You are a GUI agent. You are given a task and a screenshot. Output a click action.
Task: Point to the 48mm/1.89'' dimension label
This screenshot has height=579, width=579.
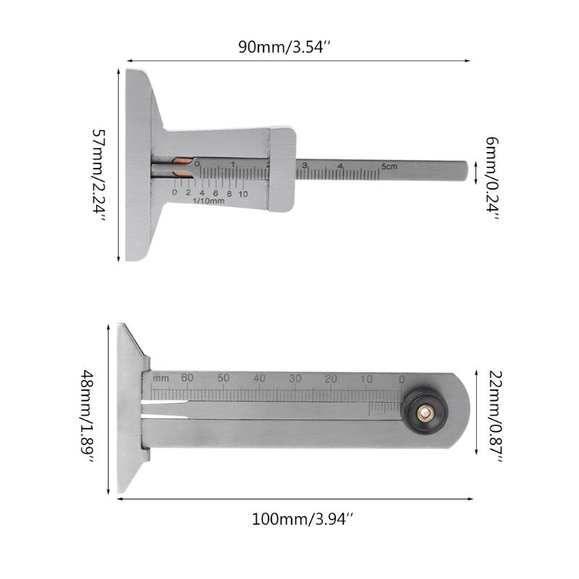pyautogui.click(x=88, y=411)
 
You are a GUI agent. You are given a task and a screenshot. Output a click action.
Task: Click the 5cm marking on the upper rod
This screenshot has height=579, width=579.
pyautogui.click(x=390, y=166)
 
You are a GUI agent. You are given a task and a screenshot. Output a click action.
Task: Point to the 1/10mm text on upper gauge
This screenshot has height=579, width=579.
pyautogui.click(x=209, y=201)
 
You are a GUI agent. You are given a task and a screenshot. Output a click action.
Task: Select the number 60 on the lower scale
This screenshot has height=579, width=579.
pyautogui.click(x=187, y=378)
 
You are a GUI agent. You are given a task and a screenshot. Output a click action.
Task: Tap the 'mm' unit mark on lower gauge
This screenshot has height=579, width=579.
pyautogui.click(x=161, y=379)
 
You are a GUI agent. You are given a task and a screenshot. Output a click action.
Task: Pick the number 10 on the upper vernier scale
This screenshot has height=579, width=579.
pyautogui.click(x=242, y=193)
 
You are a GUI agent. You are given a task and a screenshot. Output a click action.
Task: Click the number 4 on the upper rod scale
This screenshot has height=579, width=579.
pyautogui.click(x=339, y=166)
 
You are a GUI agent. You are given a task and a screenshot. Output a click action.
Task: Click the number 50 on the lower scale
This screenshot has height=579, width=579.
pyautogui.click(x=224, y=379)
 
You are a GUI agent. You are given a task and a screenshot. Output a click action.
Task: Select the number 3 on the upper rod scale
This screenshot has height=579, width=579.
pyautogui.click(x=305, y=166)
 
